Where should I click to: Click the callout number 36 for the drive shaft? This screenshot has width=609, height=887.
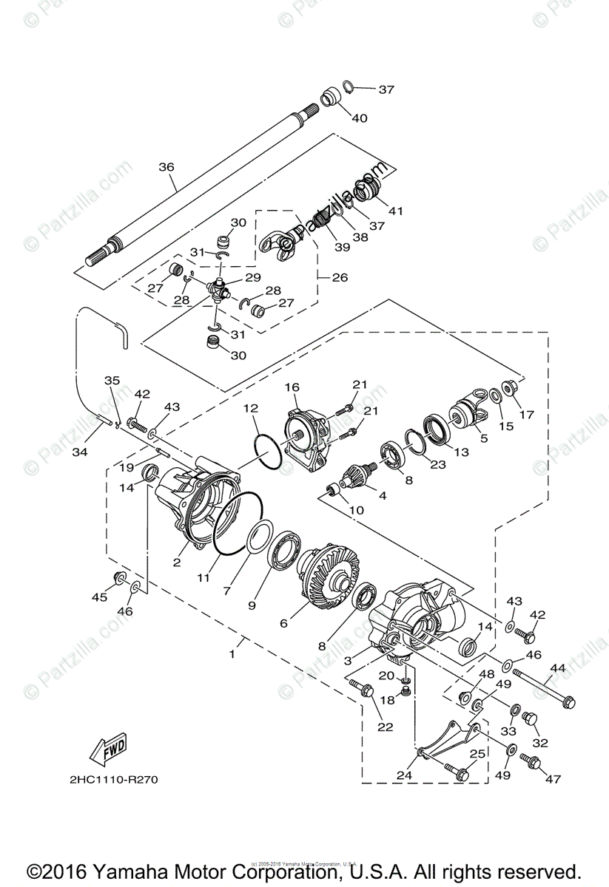click(166, 168)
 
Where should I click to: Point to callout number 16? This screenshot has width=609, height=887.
click(292, 387)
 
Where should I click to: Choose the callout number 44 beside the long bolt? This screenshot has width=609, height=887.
click(557, 668)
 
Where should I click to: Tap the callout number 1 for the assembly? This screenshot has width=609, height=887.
click(232, 653)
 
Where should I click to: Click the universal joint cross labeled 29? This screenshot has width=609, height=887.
click(218, 289)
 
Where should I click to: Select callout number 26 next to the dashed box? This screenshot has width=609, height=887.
click(340, 278)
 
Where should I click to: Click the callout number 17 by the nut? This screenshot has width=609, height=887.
click(526, 415)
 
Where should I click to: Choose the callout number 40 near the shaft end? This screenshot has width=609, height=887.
click(359, 118)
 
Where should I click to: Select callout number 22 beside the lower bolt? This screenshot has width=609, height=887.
click(385, 727)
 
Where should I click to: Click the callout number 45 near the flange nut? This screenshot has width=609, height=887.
click(99, 597)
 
